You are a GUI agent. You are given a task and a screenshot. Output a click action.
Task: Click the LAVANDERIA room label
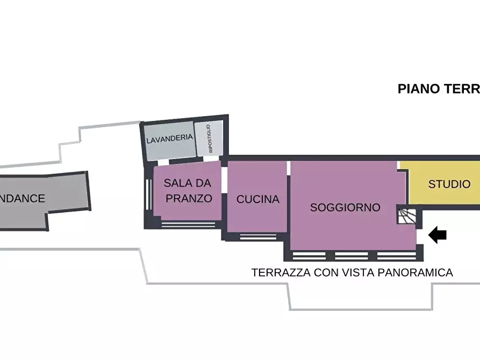(169, 138)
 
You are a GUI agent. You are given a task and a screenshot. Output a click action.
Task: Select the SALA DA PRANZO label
(188, 191)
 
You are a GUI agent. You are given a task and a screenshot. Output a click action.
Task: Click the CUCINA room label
(258, 199)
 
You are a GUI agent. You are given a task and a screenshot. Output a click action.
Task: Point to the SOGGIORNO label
(345, 207)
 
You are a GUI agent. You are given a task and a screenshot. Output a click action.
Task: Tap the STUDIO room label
(449, 184)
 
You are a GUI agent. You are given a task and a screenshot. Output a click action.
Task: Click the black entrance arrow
(438, 234)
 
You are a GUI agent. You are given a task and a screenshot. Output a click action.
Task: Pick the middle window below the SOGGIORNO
(354, 256)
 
